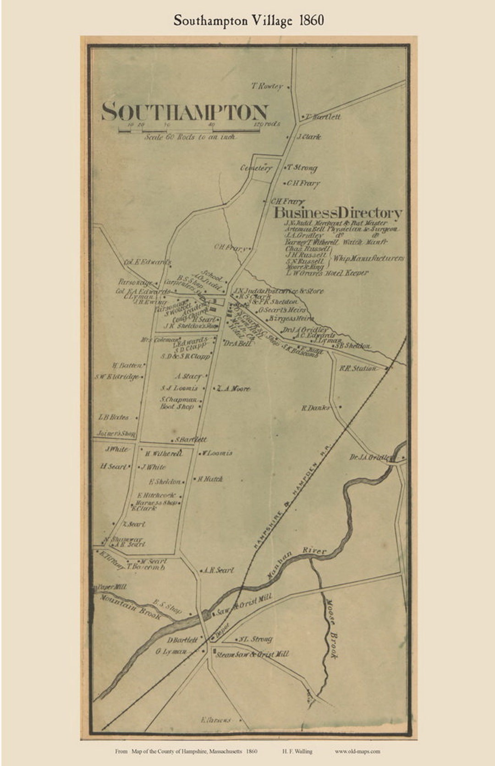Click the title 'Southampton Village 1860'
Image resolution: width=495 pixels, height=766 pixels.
(248, 21)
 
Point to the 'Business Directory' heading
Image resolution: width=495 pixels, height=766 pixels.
(338, 213)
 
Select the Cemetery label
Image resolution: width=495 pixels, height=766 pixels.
(256, 168)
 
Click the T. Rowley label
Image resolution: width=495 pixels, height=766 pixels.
(266, 86)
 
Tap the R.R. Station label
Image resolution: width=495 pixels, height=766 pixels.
(358, 368)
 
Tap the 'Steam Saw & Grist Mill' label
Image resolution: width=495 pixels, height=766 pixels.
(252, 654)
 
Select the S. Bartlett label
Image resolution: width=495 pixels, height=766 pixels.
(191, 440)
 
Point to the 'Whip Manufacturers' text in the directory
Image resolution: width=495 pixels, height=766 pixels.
(368, 258)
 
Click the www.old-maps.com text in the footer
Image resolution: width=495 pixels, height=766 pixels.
(357, 751)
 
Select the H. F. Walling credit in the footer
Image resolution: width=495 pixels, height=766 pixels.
(297, 751)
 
